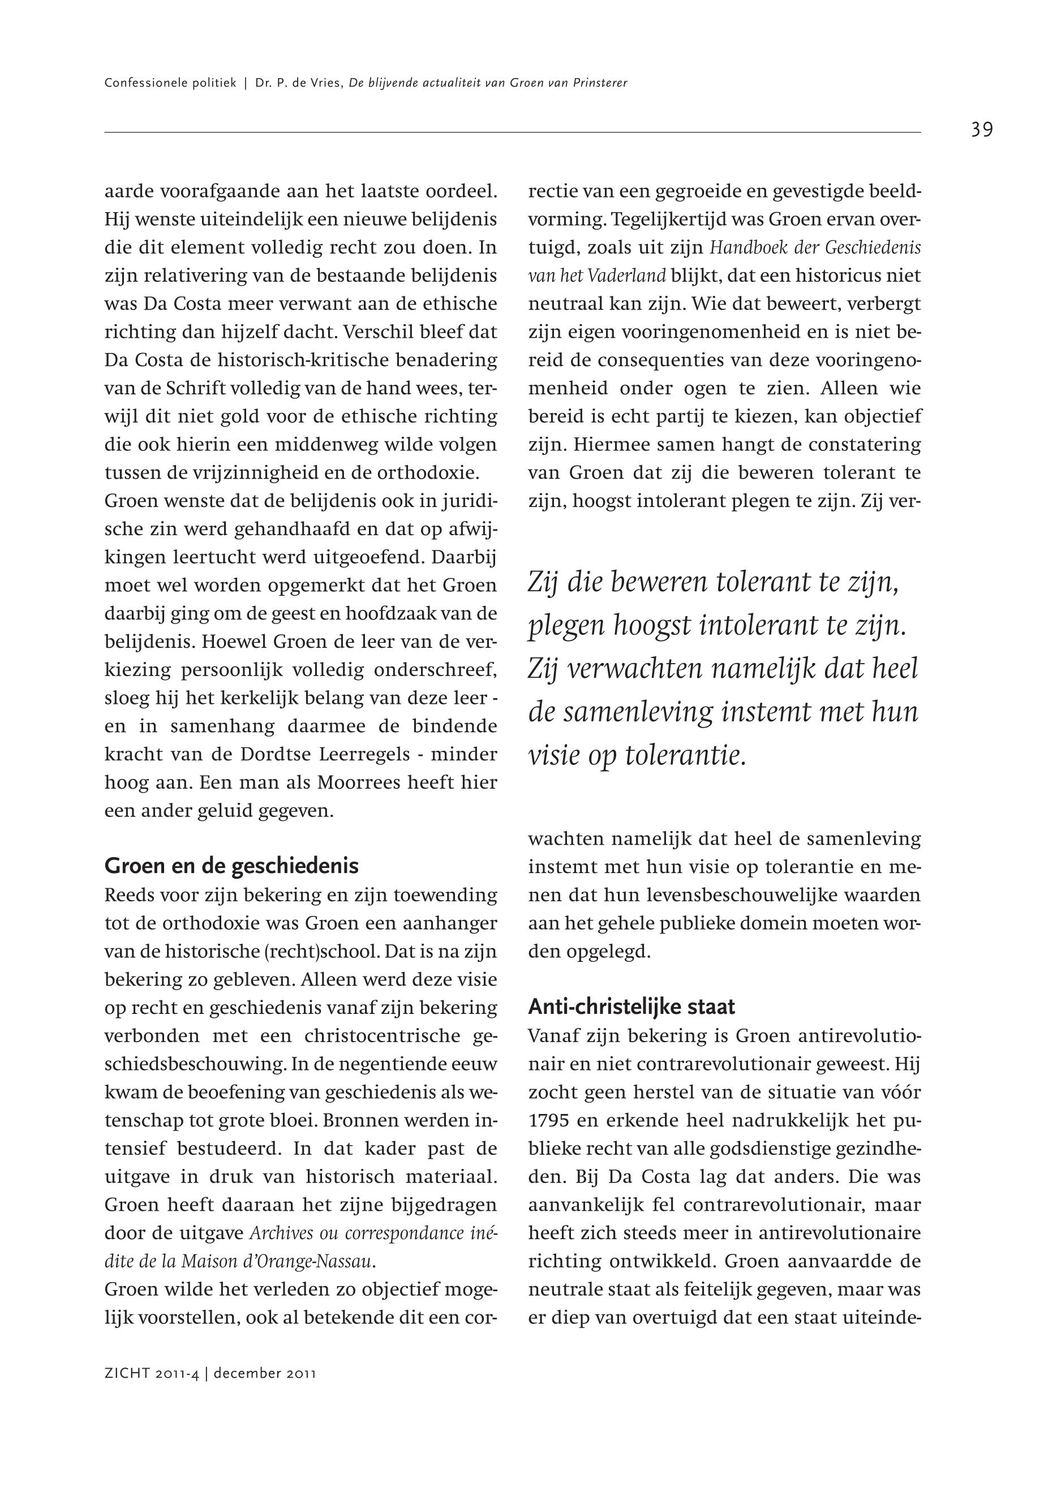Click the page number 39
pos(981,130)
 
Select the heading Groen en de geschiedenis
pos(231,866)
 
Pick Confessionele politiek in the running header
pos(170,83)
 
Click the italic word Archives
pos(281,1233)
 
